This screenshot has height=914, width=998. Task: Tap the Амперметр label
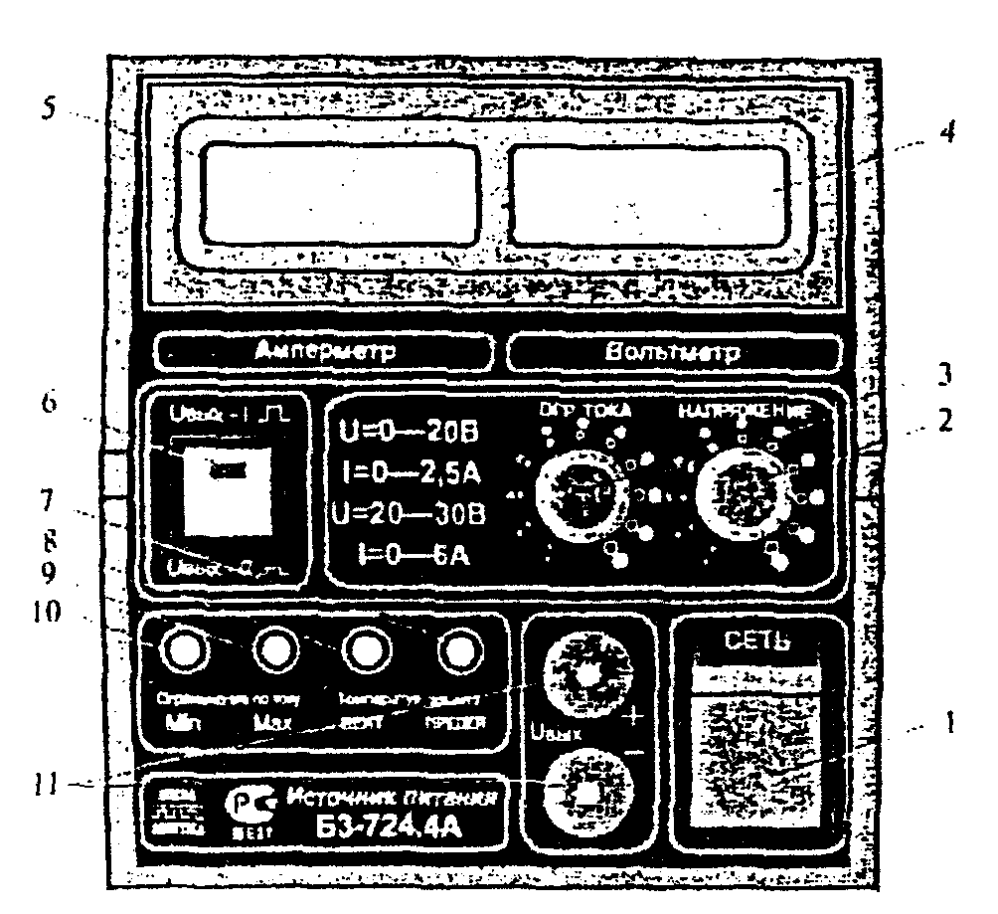(x=324, y=351)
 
